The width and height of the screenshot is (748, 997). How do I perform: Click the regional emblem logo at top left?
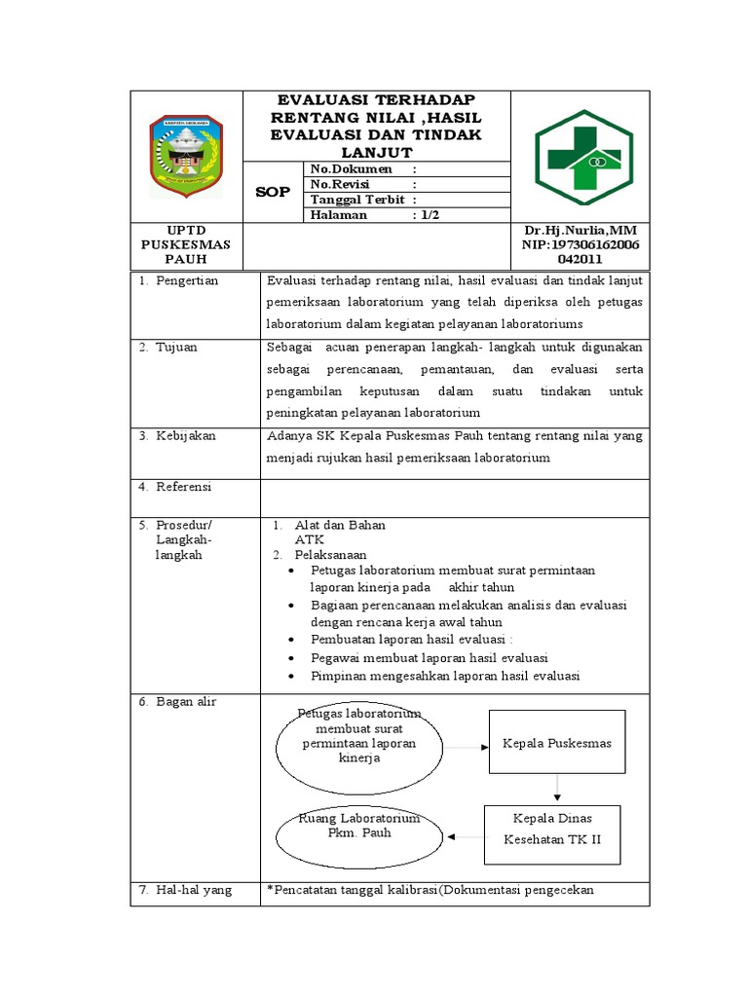coord(186,156)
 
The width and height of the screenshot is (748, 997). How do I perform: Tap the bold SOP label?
coord(273,192)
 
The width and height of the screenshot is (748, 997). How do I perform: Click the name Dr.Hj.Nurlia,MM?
coord(580,231)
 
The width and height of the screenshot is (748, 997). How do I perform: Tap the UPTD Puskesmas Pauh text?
coord(185,245)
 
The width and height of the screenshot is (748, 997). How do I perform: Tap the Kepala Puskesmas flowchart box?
coord(557,744)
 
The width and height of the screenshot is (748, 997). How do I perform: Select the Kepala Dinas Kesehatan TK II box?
coord(552,832)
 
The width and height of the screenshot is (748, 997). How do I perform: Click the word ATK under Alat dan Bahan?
coord(310,538)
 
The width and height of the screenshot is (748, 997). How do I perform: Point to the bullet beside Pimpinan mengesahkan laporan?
coord(293,676)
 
